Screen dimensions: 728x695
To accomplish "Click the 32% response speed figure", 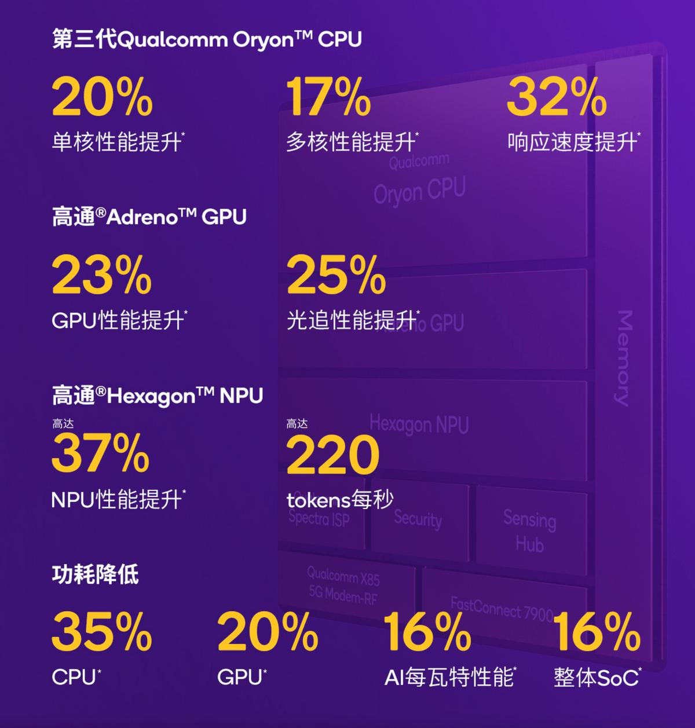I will (557, 97).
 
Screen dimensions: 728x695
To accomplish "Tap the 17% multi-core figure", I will (328, 97).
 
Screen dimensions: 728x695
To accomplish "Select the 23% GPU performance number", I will (102, 275).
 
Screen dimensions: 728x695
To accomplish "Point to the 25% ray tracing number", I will (336, 275).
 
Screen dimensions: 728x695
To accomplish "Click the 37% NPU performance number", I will (101, 453).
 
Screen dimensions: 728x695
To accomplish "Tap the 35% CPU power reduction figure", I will (102, 632).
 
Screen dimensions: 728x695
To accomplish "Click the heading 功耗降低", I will (96, 575).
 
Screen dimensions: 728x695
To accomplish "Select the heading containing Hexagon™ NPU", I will (158, 396).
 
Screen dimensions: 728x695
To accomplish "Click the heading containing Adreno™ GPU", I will (149, 217).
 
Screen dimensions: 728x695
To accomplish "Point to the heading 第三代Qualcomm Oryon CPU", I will (207, 39).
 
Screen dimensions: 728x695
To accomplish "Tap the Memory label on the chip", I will (623, 358).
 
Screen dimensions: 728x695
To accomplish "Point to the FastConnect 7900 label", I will (502, 609).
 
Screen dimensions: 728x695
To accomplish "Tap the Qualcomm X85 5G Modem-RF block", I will (343, 585).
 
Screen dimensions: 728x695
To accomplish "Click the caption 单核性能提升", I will (118, 142).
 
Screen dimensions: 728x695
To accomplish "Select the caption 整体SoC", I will (597, 677).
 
